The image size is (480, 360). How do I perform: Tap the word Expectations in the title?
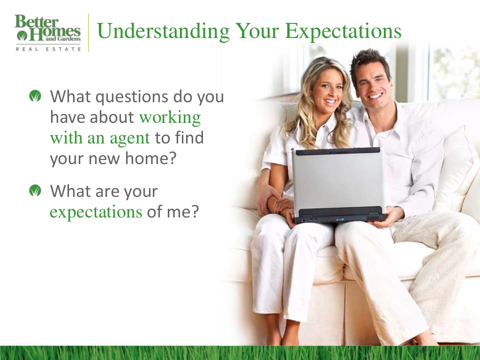[x=343, y=31]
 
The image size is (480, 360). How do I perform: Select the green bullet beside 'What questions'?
[x=35, y=97]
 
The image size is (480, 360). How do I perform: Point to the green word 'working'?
[x=170, y=118]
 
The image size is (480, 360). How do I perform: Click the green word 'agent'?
[x=130, y=138]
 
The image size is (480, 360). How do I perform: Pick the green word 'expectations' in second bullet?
[x=96, y=212]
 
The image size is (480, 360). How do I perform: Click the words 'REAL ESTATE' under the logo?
[x=48, y=48]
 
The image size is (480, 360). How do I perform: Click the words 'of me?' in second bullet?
[x=173, y=212]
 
